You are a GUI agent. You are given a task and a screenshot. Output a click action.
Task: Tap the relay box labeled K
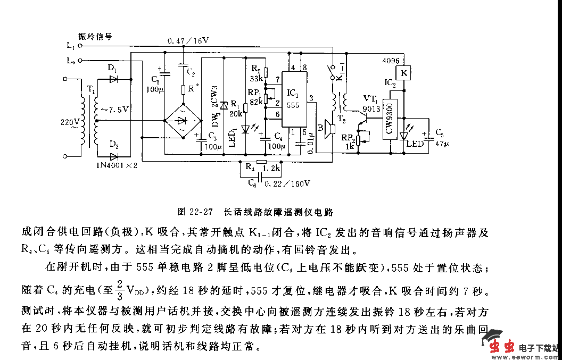click(x=403, y=73)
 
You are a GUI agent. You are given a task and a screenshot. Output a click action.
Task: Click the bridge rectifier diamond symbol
click(x=181, y=120)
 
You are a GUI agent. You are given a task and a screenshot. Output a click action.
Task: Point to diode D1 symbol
click(x=113, y=79)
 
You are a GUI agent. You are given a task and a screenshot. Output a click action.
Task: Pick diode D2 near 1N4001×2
click(x=113, y=156)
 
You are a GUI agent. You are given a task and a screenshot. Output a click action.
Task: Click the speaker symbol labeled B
click(x=329, y=129)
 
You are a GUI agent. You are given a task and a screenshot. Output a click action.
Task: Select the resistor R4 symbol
click(x=261, y=161)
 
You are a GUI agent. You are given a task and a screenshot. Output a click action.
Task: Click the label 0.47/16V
click(x=188, y=41)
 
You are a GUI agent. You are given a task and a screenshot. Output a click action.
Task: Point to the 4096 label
click(x=391, y=61)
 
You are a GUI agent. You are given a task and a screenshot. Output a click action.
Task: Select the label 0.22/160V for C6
click(x=288, y=183)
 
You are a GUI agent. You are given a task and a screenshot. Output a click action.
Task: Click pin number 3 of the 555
click(x=311, y=96)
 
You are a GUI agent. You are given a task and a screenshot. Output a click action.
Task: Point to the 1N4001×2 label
click(x=117, y=165)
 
